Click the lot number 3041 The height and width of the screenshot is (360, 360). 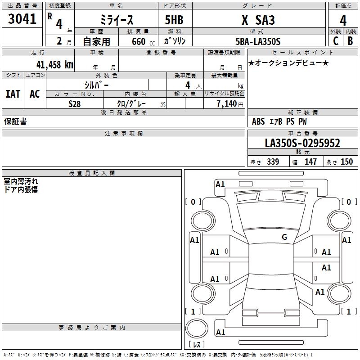pos(22,19)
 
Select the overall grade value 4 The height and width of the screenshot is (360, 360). pos(343,20)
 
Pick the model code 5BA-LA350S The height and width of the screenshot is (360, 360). pos(258,41)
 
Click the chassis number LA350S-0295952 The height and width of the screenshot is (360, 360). pos(302,143)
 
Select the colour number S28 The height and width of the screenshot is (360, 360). pos(74,103)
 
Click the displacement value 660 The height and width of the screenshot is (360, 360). pos(138,41)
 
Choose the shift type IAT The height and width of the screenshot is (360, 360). pos(13,94)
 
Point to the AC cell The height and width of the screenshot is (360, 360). pos(35,94)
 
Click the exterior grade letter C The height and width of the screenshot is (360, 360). pos(335,41)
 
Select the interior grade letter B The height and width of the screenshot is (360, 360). pos(350,41)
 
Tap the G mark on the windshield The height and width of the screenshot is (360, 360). pos(284,237)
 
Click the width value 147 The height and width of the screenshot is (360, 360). pos(310,162)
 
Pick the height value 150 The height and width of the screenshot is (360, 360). pos(346,162)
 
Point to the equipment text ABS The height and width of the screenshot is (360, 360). pos(258,121)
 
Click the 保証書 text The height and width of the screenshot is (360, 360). pos(15,121)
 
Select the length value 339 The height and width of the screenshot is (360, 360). pos(273,162)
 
